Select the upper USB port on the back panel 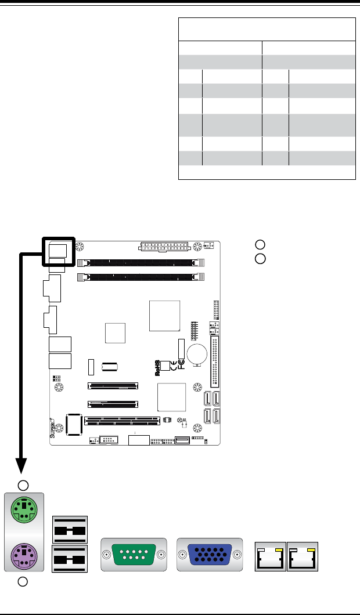coord(70,529)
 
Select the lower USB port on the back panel coord(70,560)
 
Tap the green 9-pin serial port coord(132,555)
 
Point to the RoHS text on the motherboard coord(157,368)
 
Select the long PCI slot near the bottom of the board coord(122,419)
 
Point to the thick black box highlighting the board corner coord(59,250)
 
